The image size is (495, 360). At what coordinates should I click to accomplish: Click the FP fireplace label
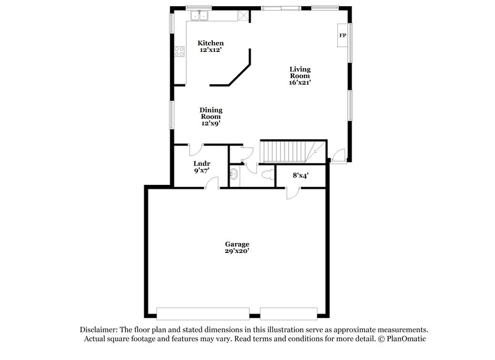pos(342,36)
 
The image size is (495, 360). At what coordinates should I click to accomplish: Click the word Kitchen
pos(210,43)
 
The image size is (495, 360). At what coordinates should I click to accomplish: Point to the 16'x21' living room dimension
pos(300,82)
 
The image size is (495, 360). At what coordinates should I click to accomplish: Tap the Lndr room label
pos(202,163)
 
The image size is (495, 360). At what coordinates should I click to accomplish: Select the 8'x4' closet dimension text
pos(300,175)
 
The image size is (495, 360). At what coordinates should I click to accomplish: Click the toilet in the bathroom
pos(268,175)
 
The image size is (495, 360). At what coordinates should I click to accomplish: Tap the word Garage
pos(237,244)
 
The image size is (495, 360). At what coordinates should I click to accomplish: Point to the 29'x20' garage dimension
pos(237,251)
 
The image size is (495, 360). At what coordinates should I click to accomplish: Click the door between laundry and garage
pos(213,182)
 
